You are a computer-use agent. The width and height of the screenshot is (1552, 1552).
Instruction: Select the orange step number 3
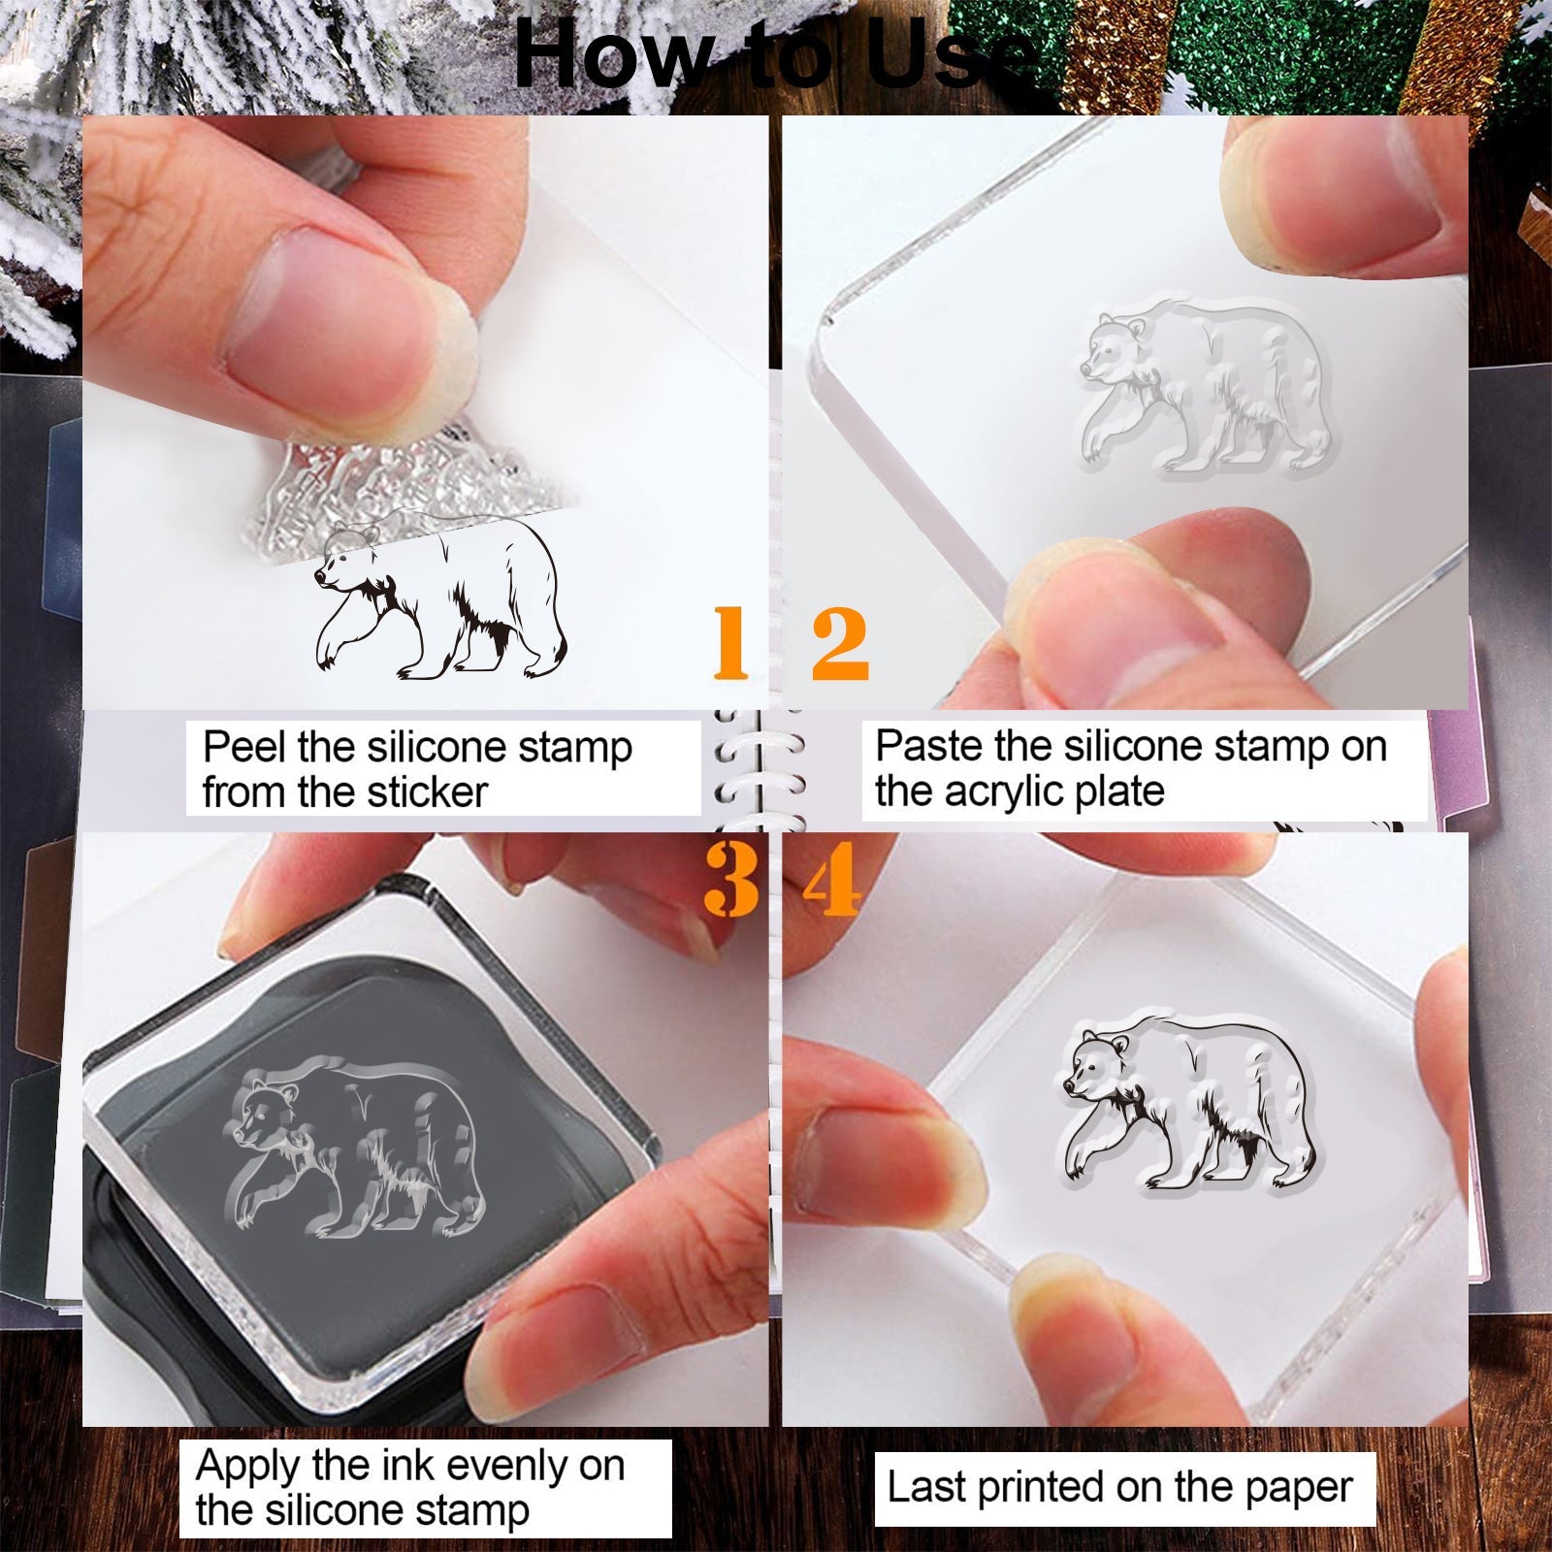click(x=731, y=879)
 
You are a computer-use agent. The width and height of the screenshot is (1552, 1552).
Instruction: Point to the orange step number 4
click(x=832, y=879)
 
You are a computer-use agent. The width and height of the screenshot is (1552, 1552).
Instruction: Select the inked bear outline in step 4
click(x=1188, y=1103)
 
